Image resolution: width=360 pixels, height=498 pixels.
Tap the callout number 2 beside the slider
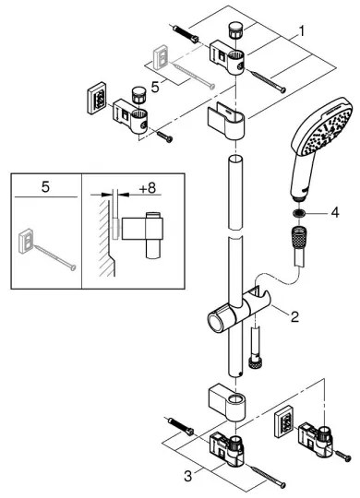point(294,317)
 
